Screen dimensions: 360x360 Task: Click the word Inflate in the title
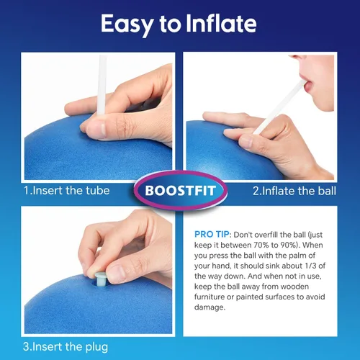click(x=221, y=23)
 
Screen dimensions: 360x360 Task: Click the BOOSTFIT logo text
click(x=180, y=191)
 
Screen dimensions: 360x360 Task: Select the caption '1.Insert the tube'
click(x=67, y=191)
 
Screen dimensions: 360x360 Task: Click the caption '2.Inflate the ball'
click(x=294, y=191)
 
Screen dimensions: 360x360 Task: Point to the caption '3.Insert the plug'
click(x=66, y=347)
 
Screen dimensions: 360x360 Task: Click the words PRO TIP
click(x=212, y=234)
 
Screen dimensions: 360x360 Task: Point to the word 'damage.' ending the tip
click(x=210, y=307)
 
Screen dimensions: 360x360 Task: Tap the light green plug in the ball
click(x=100, y=279)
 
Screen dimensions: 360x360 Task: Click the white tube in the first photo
click(x=102, y=85)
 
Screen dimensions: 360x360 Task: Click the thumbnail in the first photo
click(x=97, y=129)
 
